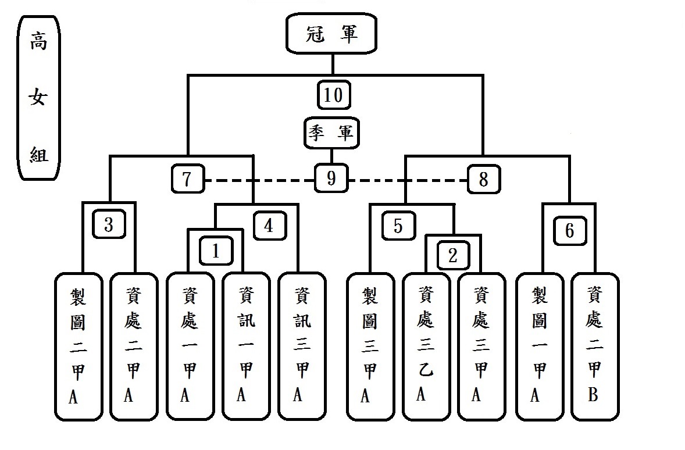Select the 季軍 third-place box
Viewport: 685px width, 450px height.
330,133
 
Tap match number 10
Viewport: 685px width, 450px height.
334,95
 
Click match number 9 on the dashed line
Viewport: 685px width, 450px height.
331,178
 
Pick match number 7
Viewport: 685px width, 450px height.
187,179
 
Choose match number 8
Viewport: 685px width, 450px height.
483,179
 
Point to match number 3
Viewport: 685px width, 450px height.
109,225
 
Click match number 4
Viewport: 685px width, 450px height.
269,225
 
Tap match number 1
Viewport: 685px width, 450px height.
216,251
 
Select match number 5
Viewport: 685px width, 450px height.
398,225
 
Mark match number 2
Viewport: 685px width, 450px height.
453,254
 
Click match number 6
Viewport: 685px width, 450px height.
569,230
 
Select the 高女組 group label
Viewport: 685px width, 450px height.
39,97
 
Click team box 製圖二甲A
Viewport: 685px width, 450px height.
79,346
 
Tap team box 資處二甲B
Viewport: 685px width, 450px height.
594,346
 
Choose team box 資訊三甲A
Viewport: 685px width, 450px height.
301,346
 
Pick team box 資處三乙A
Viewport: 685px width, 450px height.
426,346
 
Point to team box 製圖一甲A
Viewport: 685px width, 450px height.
538,346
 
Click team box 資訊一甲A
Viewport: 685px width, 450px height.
245,346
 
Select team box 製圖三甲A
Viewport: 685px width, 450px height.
370,346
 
